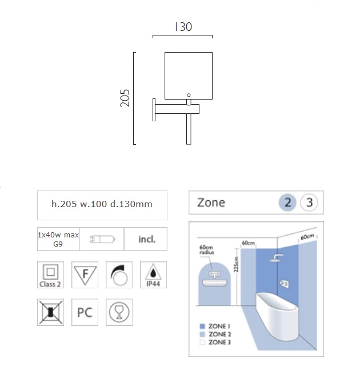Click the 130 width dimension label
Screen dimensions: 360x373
point(183,27)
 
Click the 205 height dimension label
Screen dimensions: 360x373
point(125,98)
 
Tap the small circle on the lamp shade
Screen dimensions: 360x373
point(189,95)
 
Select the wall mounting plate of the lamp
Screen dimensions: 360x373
point(154,110)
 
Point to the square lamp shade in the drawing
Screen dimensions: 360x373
point(189,76)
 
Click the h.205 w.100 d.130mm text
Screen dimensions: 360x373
point(102,204)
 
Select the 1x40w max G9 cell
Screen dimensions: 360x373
point(58,239)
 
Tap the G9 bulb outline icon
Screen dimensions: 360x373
point(102,239)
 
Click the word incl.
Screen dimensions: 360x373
point(147,239)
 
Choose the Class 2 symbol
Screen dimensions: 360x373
point(50,275)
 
